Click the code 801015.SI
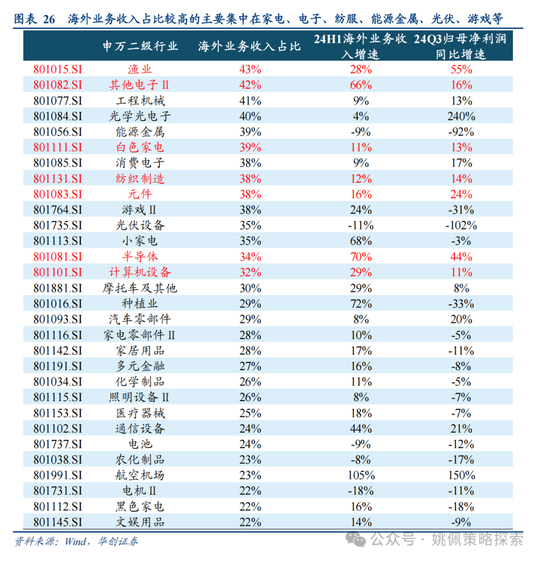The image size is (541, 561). coord(58,70)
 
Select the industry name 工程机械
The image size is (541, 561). coord(137,101)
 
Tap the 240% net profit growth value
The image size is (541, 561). coord(461,116)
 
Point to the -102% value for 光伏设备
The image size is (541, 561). coord(461,225)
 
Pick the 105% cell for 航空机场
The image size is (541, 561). coord(361,475)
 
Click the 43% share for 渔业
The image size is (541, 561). coord(250,70)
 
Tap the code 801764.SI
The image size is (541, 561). coord(58,210)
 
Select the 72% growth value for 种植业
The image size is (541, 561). coord(361,304)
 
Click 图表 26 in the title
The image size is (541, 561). coord(34,20)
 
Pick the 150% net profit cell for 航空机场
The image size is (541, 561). coord(461,475)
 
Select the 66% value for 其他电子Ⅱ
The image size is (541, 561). coord(361,85)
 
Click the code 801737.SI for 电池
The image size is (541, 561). coord(58,444)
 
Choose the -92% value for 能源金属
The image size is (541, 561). coord(461,132)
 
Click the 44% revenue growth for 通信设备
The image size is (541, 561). coord(361,428)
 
